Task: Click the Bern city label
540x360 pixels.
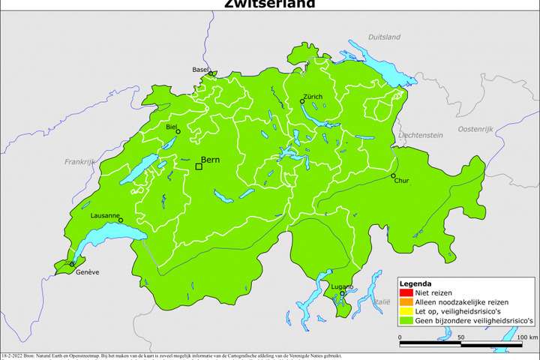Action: coord(211,160)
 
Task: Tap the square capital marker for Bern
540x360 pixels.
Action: coord(198,166)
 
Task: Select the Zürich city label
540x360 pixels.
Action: coord(313,97)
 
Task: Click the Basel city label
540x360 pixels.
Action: coord(200,69)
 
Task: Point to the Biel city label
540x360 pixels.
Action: coord(171,127)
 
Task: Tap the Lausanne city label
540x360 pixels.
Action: coord(105,215)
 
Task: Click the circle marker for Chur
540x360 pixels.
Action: coord(393,175)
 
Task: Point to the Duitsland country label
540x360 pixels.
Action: coord(385,36)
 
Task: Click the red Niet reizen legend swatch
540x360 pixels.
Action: coord(405,293)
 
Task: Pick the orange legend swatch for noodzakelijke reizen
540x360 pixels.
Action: coord(405,302)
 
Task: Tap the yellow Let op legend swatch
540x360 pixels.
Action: coord(405,311)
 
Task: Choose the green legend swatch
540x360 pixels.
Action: coord(405,320)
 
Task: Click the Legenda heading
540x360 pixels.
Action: coord(415,284)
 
